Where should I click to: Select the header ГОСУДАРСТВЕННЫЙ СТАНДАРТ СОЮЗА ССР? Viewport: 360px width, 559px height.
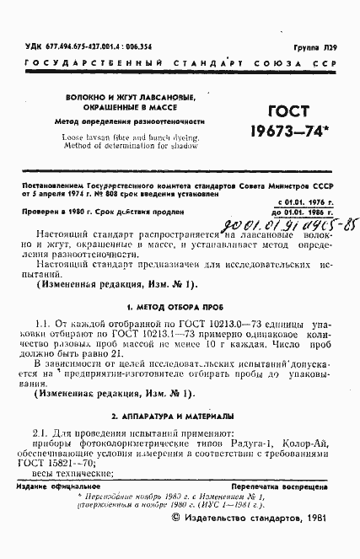click(179, 64)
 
